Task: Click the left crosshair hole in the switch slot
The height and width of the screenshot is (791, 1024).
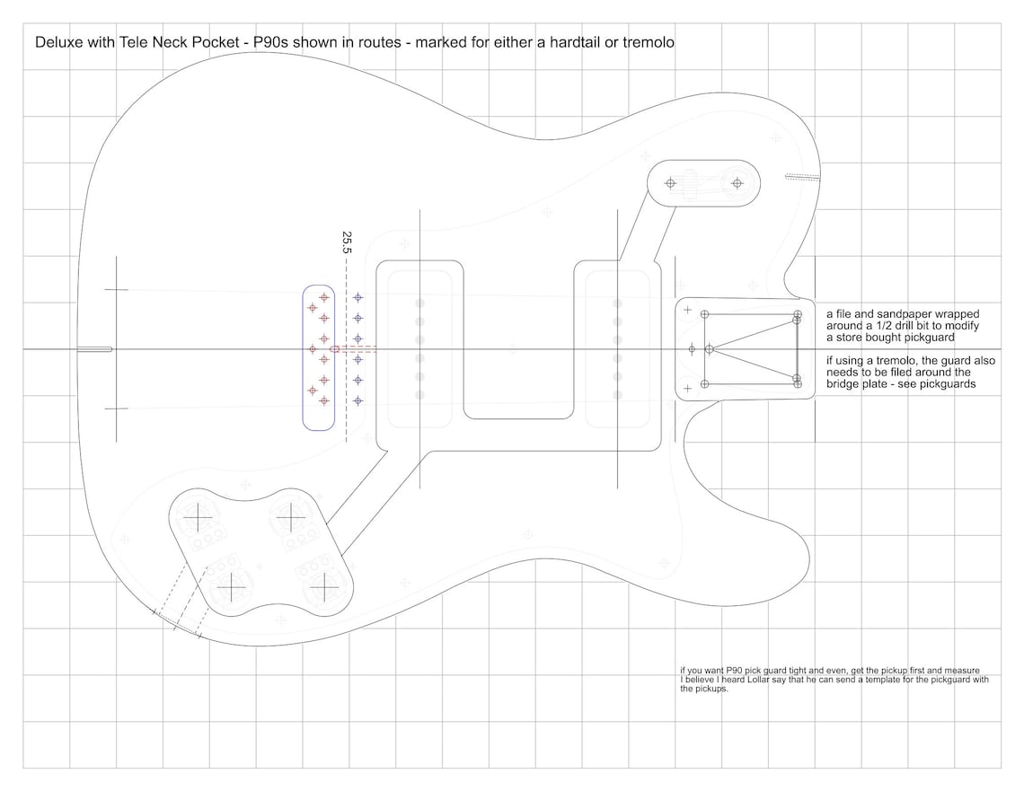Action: point(669,183)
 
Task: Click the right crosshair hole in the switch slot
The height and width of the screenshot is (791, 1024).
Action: point(737,183)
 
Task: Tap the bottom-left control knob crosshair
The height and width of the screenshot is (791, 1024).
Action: point(231,587)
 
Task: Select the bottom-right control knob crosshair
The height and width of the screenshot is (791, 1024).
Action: point(322,588)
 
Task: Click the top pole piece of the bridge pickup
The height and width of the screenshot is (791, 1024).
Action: point(419,304)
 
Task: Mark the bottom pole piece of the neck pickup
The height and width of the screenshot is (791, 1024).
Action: point(617,395)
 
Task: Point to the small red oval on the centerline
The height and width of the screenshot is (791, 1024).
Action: point(335,348)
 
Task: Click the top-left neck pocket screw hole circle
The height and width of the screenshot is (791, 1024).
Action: point(704,313)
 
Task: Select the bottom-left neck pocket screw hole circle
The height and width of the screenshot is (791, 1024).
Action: point(704,383)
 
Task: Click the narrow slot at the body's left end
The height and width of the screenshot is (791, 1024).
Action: point(93,348)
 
